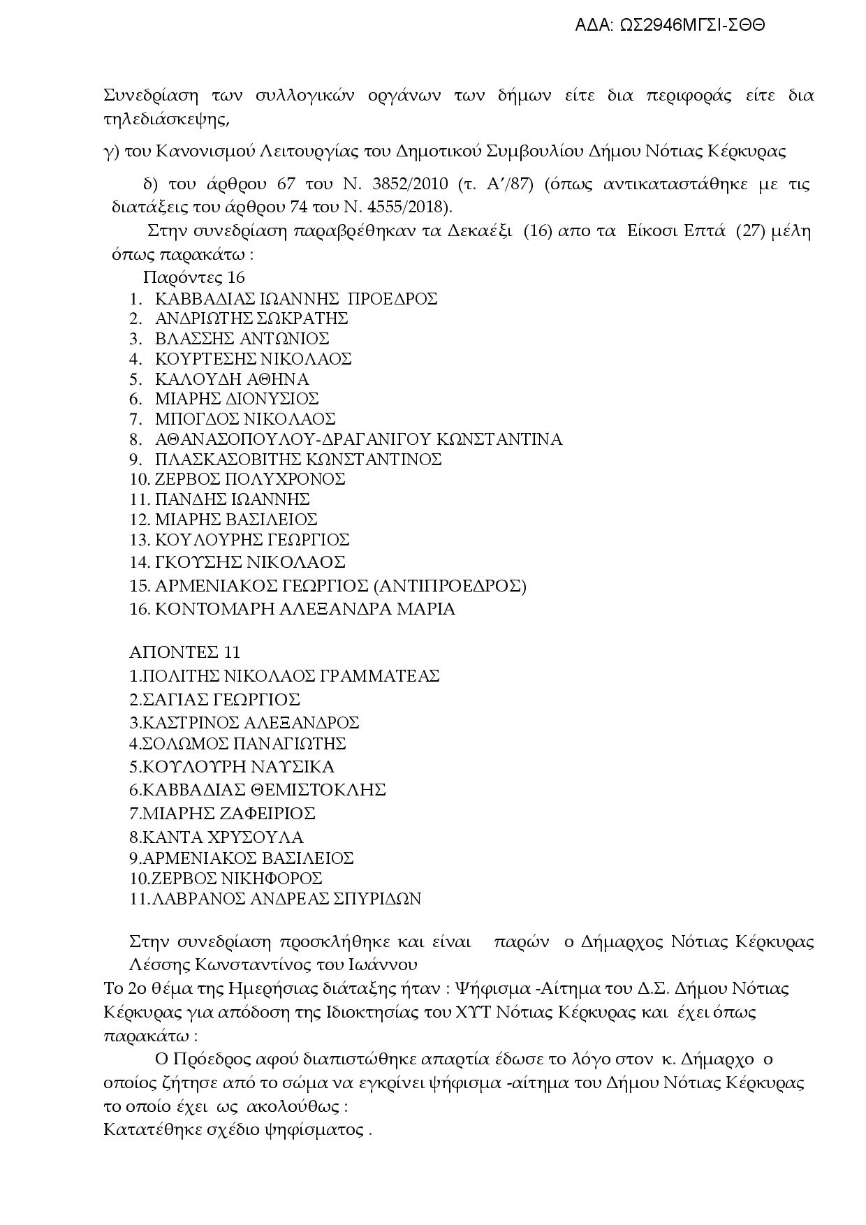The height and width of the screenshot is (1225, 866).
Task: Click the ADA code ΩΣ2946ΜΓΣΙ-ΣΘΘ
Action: point(692,26)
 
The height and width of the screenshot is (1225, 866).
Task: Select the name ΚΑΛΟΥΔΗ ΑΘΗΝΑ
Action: point(231,379)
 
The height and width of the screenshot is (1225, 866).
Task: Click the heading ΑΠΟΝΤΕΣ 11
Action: point(184,652)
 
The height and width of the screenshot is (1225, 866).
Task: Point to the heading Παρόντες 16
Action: point(193,277)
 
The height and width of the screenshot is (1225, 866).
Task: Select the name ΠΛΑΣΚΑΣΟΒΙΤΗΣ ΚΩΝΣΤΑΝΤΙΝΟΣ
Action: point(298,460)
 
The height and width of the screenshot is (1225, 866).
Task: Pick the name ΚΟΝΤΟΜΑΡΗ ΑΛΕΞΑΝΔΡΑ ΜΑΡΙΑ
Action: point(304,609)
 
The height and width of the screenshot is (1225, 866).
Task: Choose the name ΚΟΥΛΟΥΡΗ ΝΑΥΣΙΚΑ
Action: point(237,767)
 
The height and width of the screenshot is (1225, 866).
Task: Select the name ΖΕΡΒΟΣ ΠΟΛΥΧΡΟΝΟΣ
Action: point(250,479)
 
